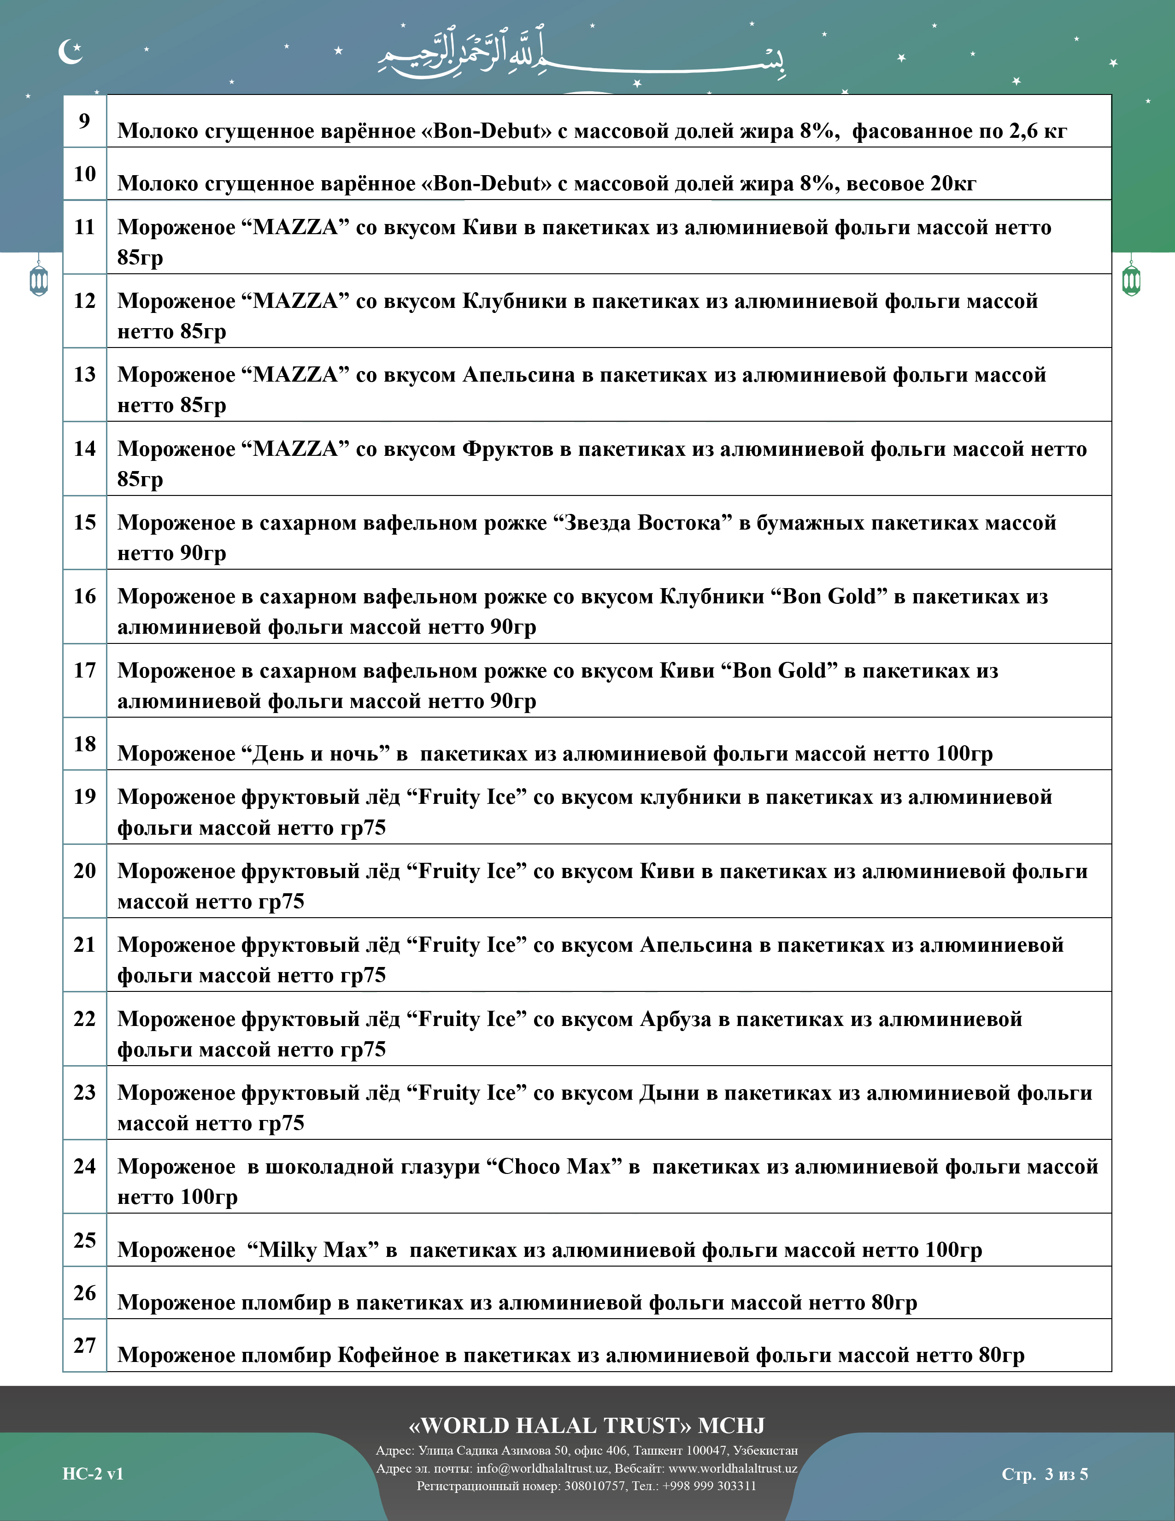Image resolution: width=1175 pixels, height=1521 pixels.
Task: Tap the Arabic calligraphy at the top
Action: click(x=581, y=54)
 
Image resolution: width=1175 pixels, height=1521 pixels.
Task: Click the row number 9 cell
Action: click(x=84, y=121)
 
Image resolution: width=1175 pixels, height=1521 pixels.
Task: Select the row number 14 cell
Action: click(x=84, y=448)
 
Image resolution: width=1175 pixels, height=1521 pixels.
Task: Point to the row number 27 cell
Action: click(x=84, y=1345)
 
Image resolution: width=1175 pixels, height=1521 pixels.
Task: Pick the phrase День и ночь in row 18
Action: click(x=315, y=754)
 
